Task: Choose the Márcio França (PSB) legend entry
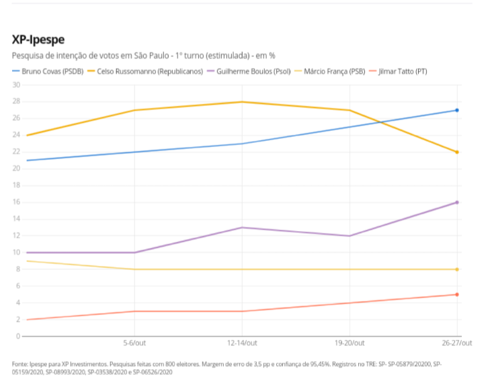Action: coord(336,71)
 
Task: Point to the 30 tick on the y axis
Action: coord(16,85)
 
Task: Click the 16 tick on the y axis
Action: coord(16,202)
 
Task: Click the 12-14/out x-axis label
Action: coord(243,343)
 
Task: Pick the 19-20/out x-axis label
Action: coord(350,343)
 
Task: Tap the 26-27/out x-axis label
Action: coord(456,343)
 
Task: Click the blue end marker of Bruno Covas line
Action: coord(457,110)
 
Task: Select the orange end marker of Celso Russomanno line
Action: coord(457,152)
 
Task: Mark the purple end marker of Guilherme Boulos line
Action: coord(457,202)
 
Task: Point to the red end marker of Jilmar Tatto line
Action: coord(457,294)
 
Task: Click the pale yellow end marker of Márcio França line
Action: coord(457,269)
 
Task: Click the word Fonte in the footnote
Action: coord(21,363)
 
